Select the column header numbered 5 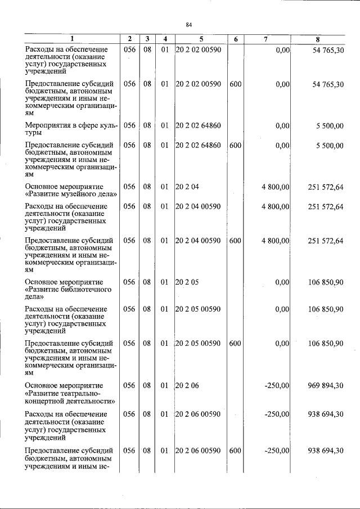(x=201, y=39)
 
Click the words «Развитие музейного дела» (x=71, y=194)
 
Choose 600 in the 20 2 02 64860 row (x=235, y=145)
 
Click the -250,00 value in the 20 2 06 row (x=277, y=385)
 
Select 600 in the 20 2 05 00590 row (x=235, y=343)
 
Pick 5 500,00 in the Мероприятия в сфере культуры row (x=328, y=125)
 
